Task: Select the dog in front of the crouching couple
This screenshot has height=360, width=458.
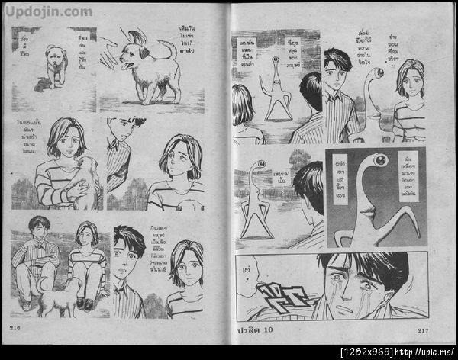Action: pyautogui.click(x=62, y=297)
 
